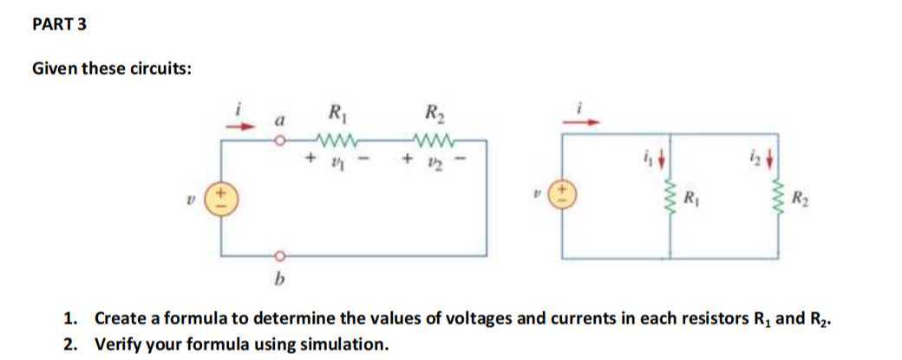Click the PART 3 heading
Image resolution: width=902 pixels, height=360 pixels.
point(59,25)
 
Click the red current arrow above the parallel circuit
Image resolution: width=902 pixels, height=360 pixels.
point(579,122)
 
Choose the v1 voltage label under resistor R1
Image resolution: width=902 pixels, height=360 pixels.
point(333,161)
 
